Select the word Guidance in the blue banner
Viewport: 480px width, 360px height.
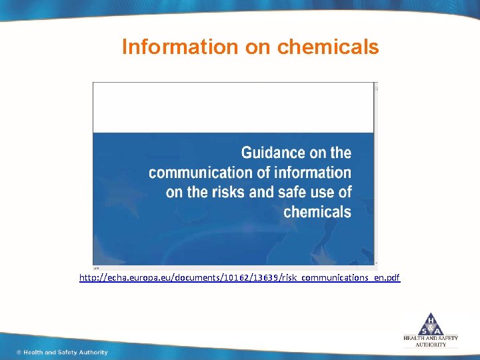coord(273,153)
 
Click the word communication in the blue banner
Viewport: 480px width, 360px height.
coord(201,173)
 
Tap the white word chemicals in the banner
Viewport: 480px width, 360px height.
coord(317,212)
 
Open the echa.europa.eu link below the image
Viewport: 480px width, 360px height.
coord(239,277)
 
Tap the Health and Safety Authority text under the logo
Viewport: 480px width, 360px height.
coord(431,341)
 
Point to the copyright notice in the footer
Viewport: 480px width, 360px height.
coord(62,352)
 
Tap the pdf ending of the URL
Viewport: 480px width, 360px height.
coord(393,277)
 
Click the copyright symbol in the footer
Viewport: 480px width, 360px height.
coord(19,352)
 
